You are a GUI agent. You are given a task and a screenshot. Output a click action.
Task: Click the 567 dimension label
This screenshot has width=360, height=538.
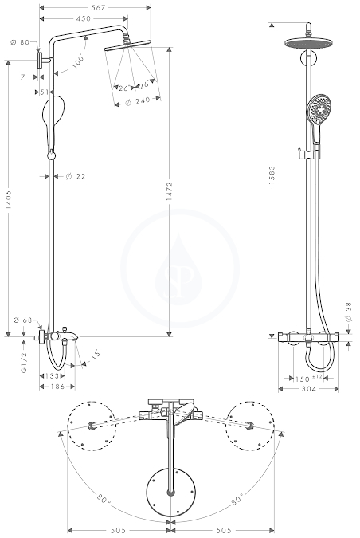click(x=98, y=7)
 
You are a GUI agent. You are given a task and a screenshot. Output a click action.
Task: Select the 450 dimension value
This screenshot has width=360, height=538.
click(x=84, y=18)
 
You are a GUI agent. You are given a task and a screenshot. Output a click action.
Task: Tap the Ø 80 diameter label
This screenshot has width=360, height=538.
click(x=20, y=42)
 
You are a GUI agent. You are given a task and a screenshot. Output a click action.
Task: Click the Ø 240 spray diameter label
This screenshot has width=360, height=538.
click(x=138, y=101)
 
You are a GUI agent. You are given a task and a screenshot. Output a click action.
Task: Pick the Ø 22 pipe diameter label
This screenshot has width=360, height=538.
click(x=76, y=176)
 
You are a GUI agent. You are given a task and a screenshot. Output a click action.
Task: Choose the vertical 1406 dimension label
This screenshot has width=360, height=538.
click(x=9, y=201)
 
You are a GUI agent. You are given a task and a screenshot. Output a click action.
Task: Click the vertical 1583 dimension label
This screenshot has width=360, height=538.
click(x=272, y=175)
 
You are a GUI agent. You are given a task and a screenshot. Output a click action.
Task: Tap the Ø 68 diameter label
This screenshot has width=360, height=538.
click(x=22, y=320)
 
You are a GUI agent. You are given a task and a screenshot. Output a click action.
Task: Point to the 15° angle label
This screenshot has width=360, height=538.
click(x=96, y=354)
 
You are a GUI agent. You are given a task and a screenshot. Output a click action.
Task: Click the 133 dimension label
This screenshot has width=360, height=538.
click(x=52, y=376)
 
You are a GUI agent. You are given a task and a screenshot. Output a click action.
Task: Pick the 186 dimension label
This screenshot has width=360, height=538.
click(x=57, y=387)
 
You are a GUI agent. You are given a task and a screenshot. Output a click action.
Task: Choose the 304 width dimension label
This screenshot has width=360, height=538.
click(x=309, y=389)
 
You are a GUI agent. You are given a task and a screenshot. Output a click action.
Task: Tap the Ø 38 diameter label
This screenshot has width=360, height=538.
click(x=349, y=312)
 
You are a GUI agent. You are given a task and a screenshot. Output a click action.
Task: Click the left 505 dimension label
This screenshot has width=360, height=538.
click(x=119, y=531)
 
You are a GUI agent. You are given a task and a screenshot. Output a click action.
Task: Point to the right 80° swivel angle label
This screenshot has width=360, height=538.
click(x=237, y=499)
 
